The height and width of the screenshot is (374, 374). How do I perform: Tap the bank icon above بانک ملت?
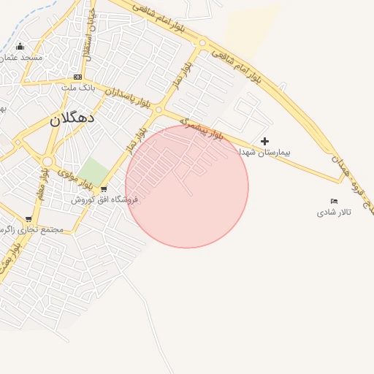coord(77,77)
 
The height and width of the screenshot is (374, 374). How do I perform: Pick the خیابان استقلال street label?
coord(88,37)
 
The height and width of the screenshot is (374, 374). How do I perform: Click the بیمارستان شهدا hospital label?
coord(265,152)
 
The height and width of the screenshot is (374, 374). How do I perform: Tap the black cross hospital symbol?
coord(264,141)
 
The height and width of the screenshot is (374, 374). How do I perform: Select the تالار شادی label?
coord(334,212)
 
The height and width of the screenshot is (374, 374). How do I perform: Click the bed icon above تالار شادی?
coord(334,201)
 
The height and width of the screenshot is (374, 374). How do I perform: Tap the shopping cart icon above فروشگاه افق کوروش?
coord(104,189)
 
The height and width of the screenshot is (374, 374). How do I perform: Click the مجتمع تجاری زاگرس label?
coord(32,229)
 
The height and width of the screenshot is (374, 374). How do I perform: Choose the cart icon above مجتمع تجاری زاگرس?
coord(28,218)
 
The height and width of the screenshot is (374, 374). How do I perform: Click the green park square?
coord(93,172)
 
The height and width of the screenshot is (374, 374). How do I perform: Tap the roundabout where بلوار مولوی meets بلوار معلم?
coord(48,161)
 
